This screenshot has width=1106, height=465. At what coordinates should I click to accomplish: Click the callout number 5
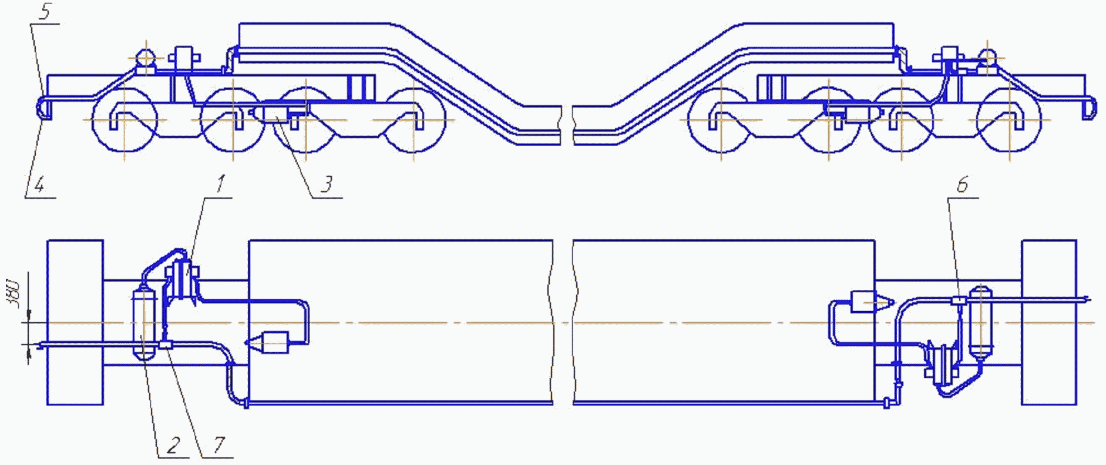point(44,14)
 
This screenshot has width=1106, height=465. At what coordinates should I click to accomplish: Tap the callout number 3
point(327,185)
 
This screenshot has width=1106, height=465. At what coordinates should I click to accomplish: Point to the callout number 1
point(220,184)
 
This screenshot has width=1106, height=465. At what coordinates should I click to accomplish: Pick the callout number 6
point(962,185)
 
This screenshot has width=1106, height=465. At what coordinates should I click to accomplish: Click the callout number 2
point(173,446)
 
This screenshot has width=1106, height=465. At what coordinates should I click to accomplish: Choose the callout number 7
point(218,445)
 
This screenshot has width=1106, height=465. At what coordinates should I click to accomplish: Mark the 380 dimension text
point(14,294)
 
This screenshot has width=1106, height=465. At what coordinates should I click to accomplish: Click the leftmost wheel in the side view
point(125,120)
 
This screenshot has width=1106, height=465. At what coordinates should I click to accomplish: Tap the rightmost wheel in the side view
point(1008,120)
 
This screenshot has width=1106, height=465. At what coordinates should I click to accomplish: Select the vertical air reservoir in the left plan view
point(144,322)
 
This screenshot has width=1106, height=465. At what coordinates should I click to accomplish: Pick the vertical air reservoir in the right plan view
point(979,322)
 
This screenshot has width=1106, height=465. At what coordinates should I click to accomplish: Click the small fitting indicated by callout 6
point(959,301)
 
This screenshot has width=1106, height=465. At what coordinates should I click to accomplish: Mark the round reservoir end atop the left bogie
point(145,58)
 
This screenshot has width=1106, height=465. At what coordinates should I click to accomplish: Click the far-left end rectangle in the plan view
point(75,322)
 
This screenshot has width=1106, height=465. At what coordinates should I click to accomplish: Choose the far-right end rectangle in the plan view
point(1049,322)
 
